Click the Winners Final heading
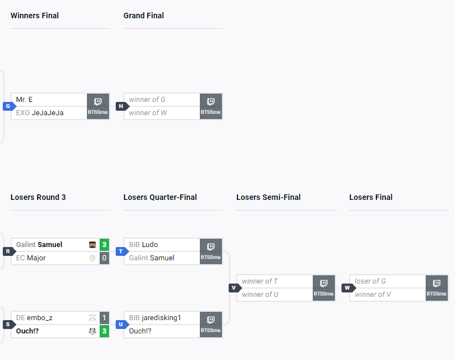34,16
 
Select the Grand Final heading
143,16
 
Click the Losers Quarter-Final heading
160,197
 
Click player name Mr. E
24,100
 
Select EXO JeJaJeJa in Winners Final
40,113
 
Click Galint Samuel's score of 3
104,245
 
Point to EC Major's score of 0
104,258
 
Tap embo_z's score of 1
104,318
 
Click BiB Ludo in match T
143,245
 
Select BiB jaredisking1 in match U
155,318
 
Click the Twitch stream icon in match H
210,102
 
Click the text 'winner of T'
260,281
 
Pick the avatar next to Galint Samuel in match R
92,245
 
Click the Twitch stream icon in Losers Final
436,284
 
